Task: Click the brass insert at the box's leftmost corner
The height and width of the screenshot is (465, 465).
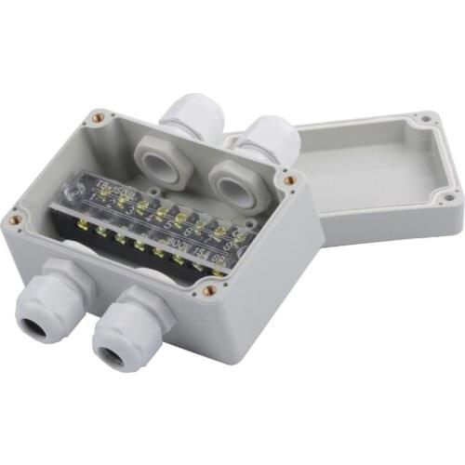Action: pyautogui.click(x=15, y=220)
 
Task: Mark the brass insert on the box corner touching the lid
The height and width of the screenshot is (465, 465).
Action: pyautogui.click(x=289, y=179)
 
